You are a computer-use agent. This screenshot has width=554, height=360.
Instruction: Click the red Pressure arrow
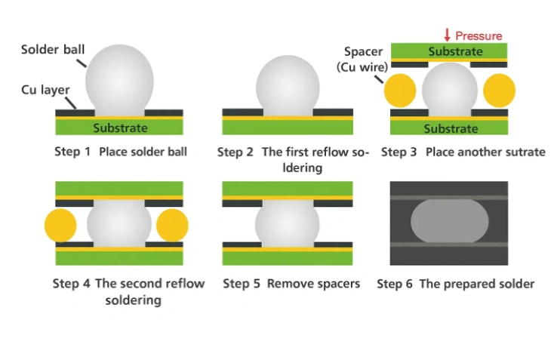[447, 35]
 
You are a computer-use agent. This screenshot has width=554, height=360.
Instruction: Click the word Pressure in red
[479, 35]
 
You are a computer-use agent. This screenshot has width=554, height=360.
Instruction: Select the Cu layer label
[45, 89]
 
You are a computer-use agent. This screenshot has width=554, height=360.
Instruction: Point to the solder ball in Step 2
[288, 85]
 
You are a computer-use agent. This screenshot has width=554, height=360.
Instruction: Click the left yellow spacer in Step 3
[400, 91]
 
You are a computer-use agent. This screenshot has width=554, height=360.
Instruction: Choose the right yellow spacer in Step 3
[499, 91]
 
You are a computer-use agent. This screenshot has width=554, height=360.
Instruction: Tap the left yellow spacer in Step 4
[60, 225]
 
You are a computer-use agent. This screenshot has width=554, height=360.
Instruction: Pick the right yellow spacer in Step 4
[172, 225]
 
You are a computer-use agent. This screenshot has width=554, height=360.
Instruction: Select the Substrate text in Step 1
[120, 128]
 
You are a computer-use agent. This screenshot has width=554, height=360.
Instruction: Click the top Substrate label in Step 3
[455, 51]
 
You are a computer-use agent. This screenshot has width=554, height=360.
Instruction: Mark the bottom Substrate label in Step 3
[451, 128]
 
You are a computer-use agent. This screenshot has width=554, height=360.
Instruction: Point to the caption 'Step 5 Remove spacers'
[291, 284]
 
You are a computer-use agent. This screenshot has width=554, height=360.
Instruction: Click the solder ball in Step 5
[288, 223]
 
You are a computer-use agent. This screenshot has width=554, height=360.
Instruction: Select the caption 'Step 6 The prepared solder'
[455, 284]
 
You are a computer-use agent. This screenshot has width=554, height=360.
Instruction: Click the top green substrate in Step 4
[119, 188]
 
